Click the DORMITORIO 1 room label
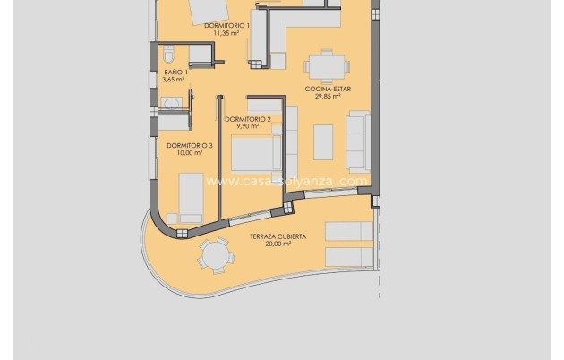coord(226,26)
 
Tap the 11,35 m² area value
coord(226,34)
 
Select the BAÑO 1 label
coord(174,72)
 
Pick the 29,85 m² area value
coord(329,98)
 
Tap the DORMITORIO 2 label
coord(246,119)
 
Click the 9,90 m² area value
coord(246,127)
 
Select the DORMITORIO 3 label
coord(190,145)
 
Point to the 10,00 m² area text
coord(189,153)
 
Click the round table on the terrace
coord(215,257)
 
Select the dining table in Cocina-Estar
coord(322,66)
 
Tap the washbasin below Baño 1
coord(171,105)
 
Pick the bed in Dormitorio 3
coord(190,197)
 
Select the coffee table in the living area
coord(322,141)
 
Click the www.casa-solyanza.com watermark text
coord(286,181)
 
